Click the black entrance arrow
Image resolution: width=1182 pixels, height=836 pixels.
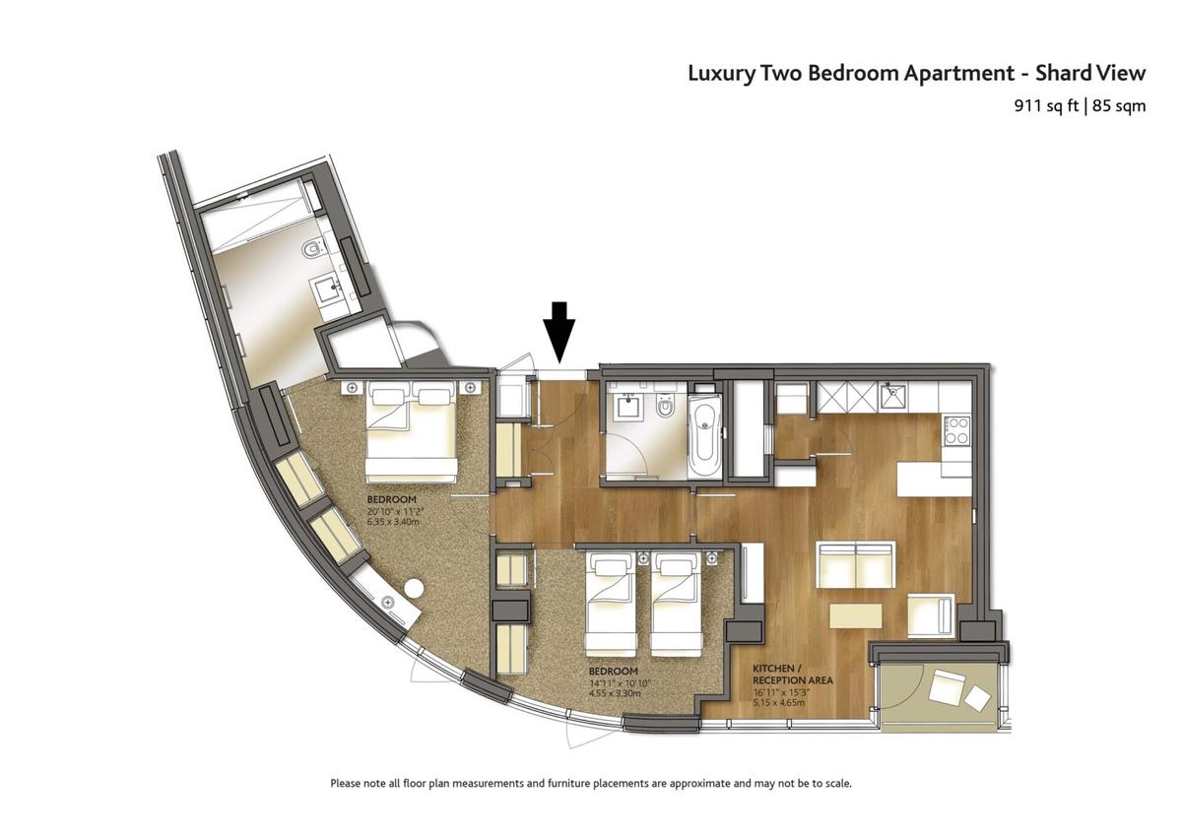pos(558,332)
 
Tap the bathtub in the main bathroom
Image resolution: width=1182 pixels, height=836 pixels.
pos(704,437)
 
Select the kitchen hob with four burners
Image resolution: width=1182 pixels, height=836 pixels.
pos(957,431)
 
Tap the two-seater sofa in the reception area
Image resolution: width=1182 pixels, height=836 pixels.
pos(856,564)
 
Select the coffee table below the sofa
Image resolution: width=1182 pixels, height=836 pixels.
pos(856,615)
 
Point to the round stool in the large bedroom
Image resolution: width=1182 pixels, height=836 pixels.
pos(414,588)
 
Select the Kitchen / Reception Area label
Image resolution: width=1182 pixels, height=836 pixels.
pos(793,675)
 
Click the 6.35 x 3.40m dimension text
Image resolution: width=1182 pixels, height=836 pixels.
pos(393,522)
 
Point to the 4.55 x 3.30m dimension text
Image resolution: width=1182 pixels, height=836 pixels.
pos(615,693)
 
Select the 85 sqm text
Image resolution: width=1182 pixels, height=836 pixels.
pos(1119,106)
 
